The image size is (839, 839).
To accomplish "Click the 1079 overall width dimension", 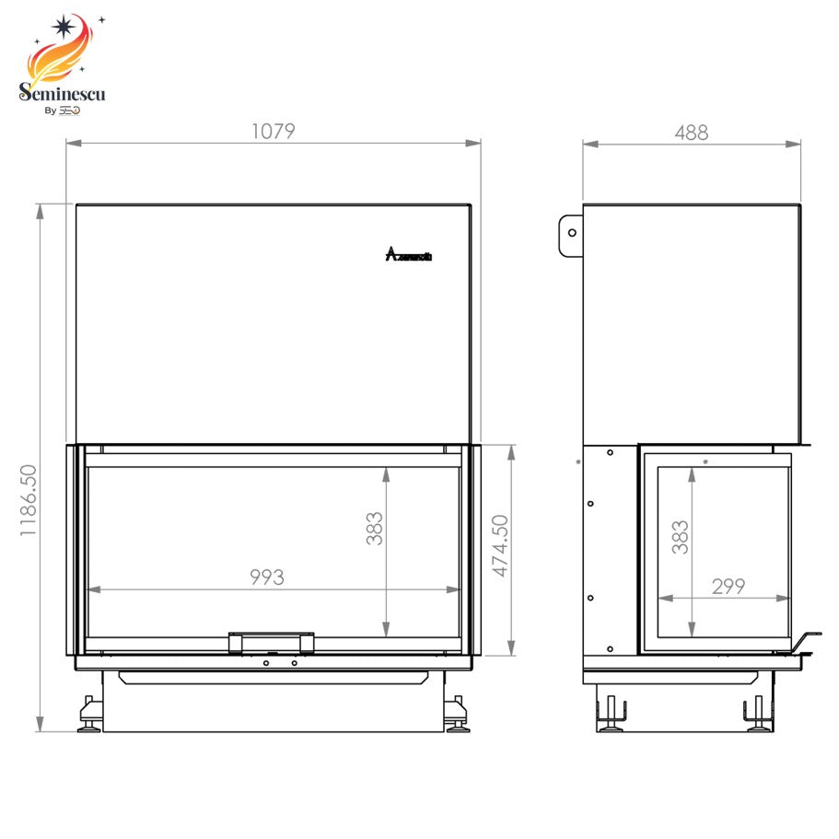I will pos(273,132).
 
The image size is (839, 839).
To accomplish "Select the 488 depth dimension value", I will pos(691,133).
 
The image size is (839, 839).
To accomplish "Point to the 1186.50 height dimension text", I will pos(27,500).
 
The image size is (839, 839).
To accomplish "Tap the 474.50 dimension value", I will pos(500,546).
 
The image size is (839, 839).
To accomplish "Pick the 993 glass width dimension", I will pos(267,577).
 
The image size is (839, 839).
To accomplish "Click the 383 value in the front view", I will pos(374,529).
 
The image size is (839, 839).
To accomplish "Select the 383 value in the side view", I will pos(680,538).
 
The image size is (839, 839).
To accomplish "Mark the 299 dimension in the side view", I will pos(728,586).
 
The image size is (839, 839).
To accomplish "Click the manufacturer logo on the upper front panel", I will pos(408,255).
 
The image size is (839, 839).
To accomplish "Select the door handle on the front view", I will pos(271,640).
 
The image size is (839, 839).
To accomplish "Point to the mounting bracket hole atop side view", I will pos(572,232).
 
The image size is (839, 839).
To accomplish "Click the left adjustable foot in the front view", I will pos(90,715).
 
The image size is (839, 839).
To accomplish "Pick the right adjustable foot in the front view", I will pos(457,715).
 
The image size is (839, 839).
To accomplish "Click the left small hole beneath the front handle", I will pos(265,663).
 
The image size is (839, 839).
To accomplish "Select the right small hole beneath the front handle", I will pos(294,663).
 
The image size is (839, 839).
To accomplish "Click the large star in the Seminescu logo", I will pos(65,27).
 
